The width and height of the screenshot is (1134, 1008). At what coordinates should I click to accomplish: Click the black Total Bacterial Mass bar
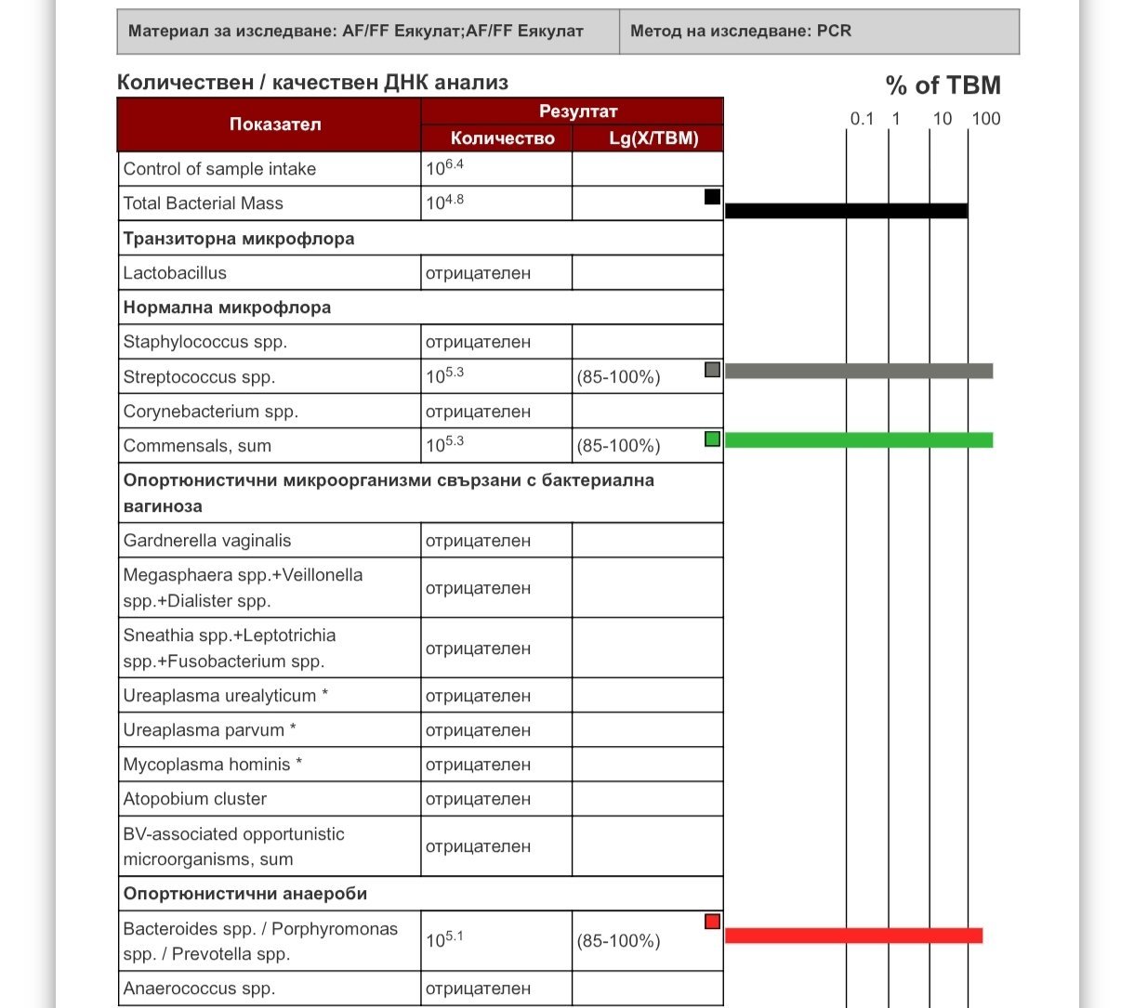click(x=846, y=211)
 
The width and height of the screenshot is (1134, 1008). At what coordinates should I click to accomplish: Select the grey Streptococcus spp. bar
click(x=858, y=372)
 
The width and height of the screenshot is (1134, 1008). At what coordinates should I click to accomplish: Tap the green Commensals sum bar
click(x=858, y=440)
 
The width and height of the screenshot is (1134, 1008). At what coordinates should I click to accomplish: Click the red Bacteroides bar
click(x=853, y=936)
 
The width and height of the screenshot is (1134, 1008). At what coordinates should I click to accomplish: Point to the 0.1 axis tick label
click(x=862, y=119)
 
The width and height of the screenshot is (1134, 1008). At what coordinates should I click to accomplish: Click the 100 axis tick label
click(x=986, y=119)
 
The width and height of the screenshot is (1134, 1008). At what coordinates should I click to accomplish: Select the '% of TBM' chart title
click(x=943, y=85)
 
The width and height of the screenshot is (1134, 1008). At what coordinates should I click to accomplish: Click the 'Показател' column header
click(x=275, y=124)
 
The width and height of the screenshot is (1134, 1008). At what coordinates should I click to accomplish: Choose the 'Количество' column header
click(x=502, y=138)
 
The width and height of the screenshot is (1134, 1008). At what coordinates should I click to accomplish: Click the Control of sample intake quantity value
click(x=444, y=168)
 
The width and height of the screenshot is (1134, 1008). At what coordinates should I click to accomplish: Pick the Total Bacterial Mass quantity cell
click(x=444, y=203)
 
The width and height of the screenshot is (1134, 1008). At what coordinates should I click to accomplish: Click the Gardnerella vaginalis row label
click(x=207, y=541)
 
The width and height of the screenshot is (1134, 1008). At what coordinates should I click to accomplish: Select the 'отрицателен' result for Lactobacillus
click(x=478, y=273)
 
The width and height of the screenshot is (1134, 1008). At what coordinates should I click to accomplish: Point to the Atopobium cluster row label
click(x=195, y=799)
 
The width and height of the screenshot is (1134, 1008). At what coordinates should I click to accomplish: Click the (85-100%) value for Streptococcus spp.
click(x=618, y=377)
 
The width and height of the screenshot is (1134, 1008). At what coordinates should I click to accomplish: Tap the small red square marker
click(x=712, y=922)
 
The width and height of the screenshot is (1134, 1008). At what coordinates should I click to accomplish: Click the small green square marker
click(x=712, y=439)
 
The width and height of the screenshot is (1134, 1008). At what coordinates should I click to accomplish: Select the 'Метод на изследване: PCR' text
click(x=741, y=31)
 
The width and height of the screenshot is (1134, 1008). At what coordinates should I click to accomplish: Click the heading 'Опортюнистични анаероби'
click(x=245, y=894)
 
